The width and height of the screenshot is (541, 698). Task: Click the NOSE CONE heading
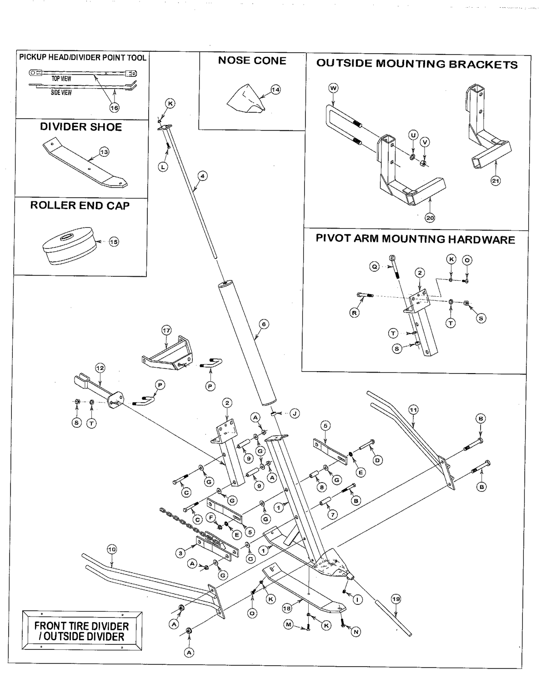coord(252,60)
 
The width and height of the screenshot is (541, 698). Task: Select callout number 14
coord(276,90)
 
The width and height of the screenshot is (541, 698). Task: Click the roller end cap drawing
coord(68,245)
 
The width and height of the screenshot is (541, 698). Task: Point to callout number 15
coord(114,242)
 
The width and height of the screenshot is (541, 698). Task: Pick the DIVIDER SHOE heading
coord(81,127)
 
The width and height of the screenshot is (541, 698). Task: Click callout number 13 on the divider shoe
coord(104,152)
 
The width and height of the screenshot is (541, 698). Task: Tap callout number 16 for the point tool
coord(114,108)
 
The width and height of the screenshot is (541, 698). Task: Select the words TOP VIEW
coord(61,79)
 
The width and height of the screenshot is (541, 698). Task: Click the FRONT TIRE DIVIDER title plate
coord(82,631)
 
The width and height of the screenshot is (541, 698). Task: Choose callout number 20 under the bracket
coord(430,218)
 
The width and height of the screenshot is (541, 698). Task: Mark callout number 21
coord(496,181)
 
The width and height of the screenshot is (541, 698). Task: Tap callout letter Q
coord(374,267)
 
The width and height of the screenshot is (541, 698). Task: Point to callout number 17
coord(166,330)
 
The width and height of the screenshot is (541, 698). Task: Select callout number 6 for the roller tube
coord(263,324)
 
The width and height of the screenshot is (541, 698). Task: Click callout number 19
coord(396,599)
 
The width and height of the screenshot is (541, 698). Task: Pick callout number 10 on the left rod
coord(111,549)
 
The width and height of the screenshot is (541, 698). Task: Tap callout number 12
coord(100,368)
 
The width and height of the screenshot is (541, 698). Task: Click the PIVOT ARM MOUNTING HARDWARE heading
coord(415,239)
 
